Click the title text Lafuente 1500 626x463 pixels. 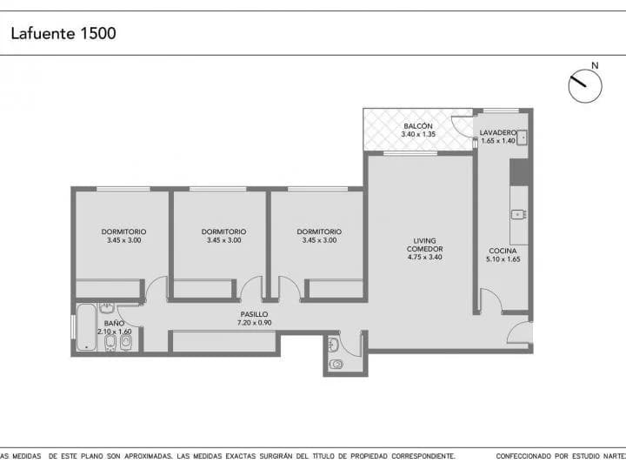tap(63, 33)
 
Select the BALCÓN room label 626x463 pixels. tap(418, 126)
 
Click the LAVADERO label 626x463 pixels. tap(498, 132)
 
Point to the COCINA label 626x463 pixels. tap(503, 251)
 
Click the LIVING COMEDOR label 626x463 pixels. tap(425, 245)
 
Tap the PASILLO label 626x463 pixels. tap(254, 314)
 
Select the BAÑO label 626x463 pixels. tap(114, 323)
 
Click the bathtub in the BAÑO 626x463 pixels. tap(86, 327)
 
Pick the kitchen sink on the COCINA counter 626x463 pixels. tap(518, 215)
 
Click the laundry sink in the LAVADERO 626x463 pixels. tap(523, 138)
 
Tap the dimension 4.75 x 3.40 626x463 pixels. tap(425, 258)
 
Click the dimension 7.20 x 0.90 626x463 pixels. tap(254, 323)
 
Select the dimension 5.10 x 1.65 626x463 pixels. tap(503, 259)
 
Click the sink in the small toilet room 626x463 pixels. tap(332, 345)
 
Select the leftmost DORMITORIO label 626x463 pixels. tap(123, 231)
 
